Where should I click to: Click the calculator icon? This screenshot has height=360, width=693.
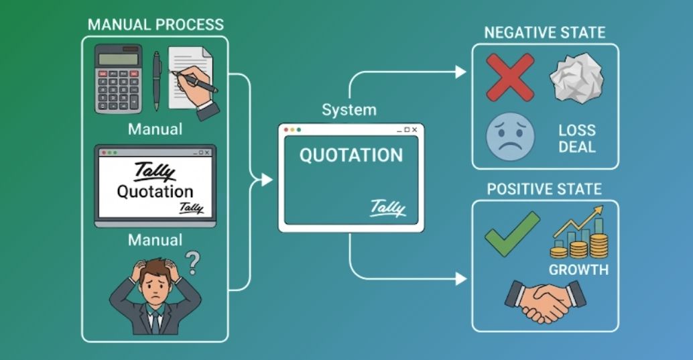[x=119, y=78]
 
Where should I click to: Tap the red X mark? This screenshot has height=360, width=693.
[x=509, y=77]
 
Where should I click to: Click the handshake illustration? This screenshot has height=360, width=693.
[x=544, y=301]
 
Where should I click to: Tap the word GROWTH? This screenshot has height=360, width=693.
[x=578, y=270]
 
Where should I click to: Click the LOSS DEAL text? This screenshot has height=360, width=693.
[x=576, y=138]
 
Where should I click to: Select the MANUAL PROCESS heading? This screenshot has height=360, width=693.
[x=155, y=25]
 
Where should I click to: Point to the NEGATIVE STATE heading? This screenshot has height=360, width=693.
[x=545, y=33]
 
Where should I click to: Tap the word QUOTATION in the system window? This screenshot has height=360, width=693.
[x=351, y=156]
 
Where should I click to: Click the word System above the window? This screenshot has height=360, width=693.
[x=349, y=109]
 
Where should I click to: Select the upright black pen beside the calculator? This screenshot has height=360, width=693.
[x=157, y=80]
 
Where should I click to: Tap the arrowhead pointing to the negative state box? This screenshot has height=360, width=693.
[x=461, y=72]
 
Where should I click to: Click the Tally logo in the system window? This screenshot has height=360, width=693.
[x=388, y=208]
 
